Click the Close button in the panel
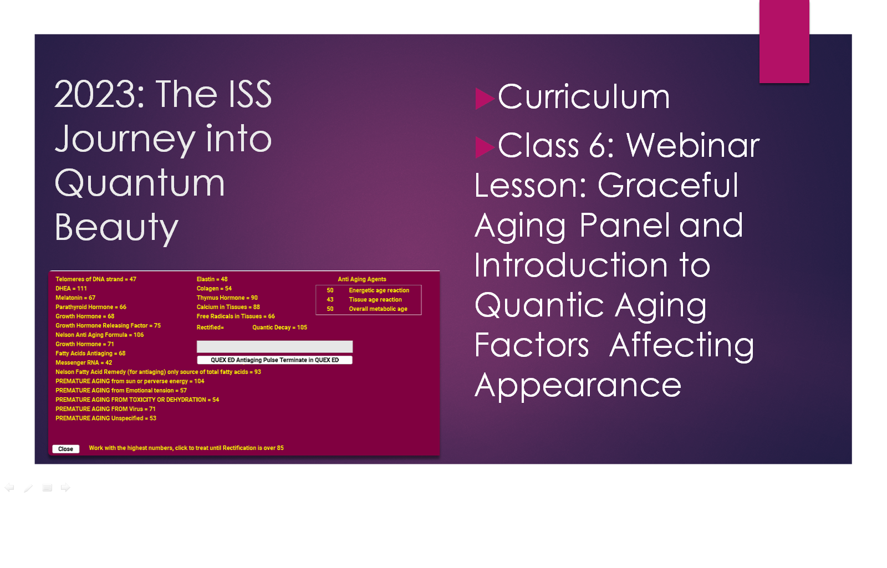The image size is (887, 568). coord(66,449)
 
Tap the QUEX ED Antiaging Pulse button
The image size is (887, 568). coord(274,360)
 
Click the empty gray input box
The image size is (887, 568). coord(274,346)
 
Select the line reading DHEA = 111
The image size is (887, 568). coord(71,289)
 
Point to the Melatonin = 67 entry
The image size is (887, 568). coord(75,298)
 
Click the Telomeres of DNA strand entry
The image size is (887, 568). coord(96,279)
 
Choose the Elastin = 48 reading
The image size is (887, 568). coord(212,279)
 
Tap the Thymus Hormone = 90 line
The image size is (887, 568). coord(227,298)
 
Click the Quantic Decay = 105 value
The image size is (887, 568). coord(279,328)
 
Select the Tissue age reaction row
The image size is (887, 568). coord(364,300)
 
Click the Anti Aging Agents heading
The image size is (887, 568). coord(362,279)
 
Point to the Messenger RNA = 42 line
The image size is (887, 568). coord(84,362)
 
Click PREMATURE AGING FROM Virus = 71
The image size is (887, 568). coord(105,409)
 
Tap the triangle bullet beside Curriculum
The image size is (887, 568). coord(485,99)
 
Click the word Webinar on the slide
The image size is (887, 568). coord(693,146)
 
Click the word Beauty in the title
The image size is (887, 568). coord(116,228)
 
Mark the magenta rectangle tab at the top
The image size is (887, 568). coord(784,41)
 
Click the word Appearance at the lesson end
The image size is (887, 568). coord(578,386)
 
